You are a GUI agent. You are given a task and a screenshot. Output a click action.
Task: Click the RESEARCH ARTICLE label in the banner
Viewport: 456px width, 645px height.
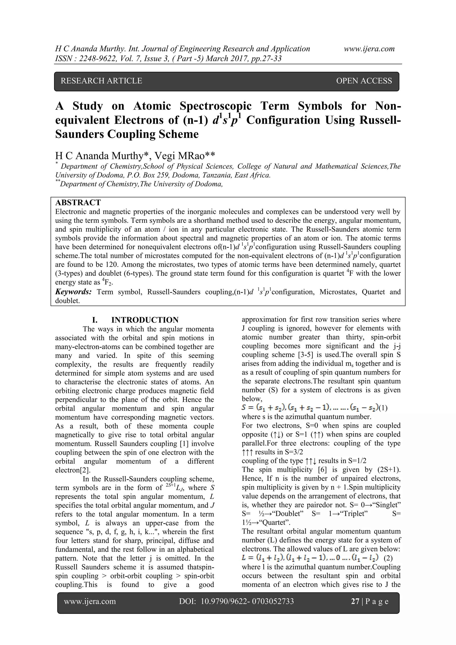(x=101, y=81)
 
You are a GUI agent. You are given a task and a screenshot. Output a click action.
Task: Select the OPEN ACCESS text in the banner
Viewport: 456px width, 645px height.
(x=364, y=81)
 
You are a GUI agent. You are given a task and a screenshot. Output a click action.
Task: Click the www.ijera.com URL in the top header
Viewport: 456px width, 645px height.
(x=369, y=49)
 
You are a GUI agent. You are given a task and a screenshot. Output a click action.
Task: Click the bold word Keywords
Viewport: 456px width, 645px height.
(x=73, y=292)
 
